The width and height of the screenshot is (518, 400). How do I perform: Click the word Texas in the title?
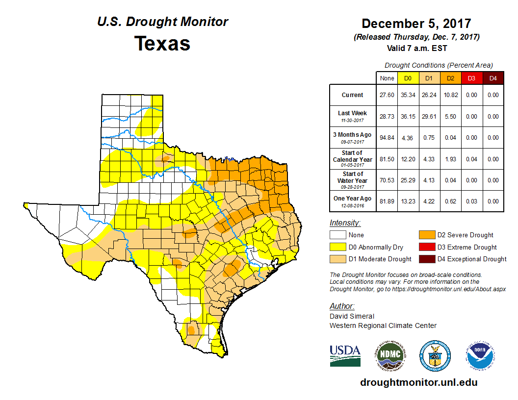pyautogui.click(x=162, y=43)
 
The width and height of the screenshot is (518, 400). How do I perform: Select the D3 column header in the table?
pyautogui.click(x=471, y=78)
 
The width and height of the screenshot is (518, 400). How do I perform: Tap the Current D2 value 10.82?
pyautogui.click(x=450, y=95)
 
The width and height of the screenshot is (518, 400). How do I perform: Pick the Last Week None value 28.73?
pyautogui.click(x=387, y=117)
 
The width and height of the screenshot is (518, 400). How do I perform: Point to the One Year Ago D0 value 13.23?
pyautogui.click(x=408, y=201)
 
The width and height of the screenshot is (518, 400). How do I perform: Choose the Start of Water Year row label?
pyautogui.click(x=353, y=180)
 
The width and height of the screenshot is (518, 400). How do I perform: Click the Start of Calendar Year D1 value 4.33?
pyautogui.click(x=429, y=159)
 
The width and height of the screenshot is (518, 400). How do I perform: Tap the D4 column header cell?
pyautogui.click(x=492, y=78)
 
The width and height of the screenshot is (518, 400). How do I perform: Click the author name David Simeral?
pyautogui.click(x=352, y=316)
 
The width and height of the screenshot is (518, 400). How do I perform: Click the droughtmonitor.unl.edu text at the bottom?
pyautogui.click(x=418, y=382)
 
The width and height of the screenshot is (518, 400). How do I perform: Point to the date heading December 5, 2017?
pyautogui.click(x=416, y=24)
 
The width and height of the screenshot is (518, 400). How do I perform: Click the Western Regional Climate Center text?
pyautogui.click(x=383, y=325)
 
